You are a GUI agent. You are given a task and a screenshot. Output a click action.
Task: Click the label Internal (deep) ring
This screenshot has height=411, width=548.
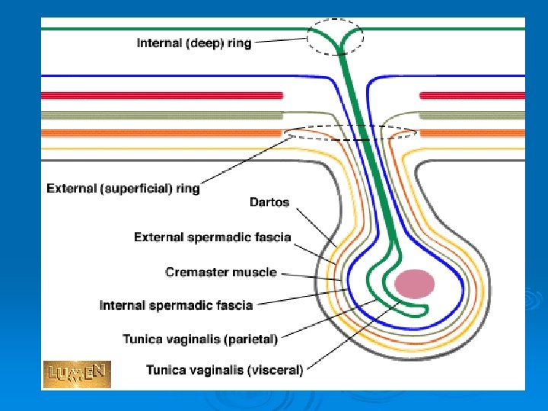193,43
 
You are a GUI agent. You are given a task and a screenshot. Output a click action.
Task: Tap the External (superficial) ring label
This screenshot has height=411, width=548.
123,187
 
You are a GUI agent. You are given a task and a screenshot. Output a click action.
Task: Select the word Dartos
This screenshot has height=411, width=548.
269,202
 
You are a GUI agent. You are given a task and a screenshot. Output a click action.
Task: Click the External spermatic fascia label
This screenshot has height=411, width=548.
212,237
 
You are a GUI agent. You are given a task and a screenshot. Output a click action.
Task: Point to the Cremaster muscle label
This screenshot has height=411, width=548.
221,272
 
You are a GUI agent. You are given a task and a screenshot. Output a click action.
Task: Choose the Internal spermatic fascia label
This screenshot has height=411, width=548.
177,305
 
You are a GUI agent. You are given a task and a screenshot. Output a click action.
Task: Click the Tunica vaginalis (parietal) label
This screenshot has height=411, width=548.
200,337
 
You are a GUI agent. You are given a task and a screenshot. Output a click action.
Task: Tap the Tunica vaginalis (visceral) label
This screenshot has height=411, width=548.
225,371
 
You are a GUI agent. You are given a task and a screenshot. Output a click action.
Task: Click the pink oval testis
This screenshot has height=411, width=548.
414,284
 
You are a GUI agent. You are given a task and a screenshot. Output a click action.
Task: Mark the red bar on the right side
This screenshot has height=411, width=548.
472,95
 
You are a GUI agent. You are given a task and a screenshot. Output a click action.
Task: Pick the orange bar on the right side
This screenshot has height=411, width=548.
472,132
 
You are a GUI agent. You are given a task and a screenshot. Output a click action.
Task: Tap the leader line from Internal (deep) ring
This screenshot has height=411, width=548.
282,42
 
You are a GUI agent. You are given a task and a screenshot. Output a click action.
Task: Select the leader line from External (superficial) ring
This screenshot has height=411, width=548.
244,160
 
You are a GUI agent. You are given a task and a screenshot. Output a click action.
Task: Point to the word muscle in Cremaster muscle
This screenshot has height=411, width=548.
256,272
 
